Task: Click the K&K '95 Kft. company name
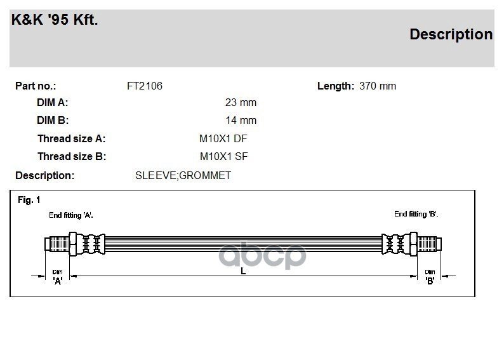click(55, 20)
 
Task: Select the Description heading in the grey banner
click(451, 35)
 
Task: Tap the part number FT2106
click(145, 86)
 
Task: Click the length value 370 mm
click(378, 86)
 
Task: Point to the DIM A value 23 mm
click(241, 102)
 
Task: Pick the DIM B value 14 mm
click(241, 120)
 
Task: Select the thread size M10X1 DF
click(223, 138)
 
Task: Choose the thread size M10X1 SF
click(223, 157)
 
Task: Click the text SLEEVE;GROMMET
click(183, 175)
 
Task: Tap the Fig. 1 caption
click(29, 200)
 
